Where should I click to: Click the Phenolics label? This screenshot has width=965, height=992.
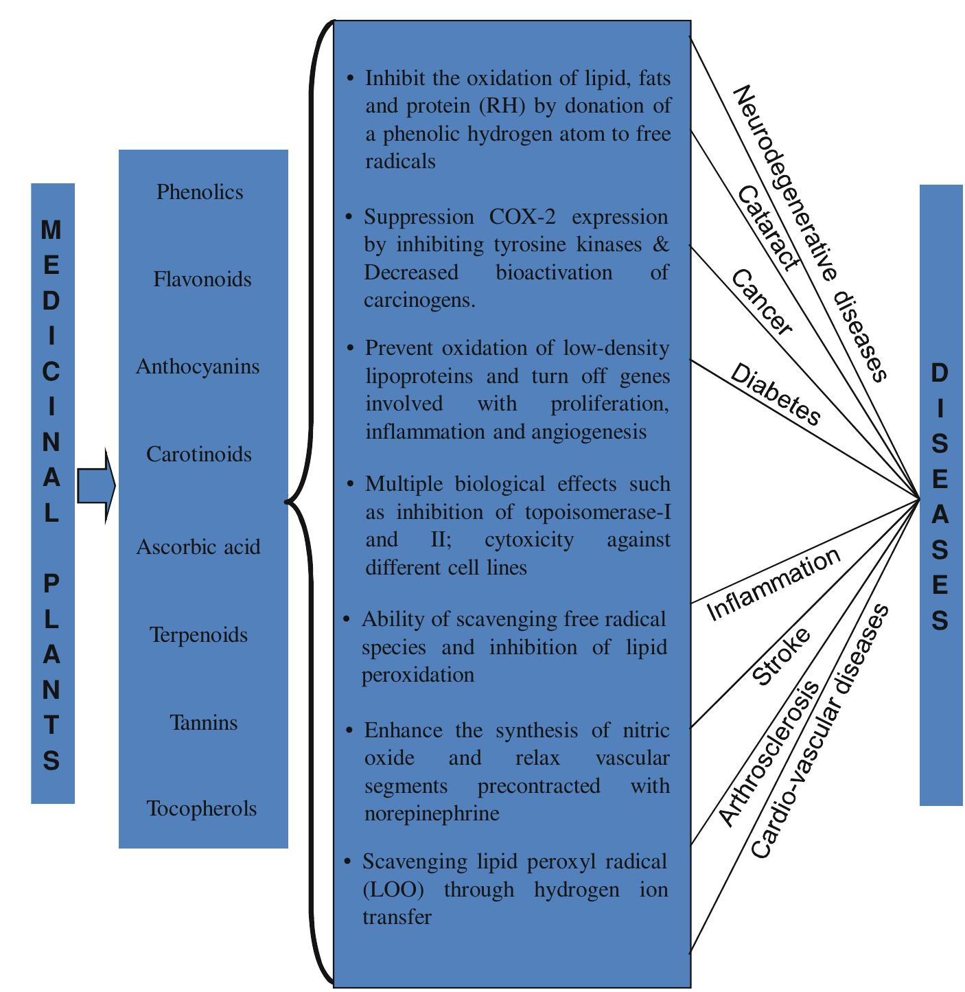[x=200, y=192]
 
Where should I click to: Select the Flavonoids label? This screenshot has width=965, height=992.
[x=202, y=279]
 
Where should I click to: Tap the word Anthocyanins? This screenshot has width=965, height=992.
[x=198, y=367]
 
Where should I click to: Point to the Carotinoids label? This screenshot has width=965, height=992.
[x=199, y=454]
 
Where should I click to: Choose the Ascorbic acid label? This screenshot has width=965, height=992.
[x=198, y=547]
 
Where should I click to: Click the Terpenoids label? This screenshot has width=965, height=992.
[x=199, y=635]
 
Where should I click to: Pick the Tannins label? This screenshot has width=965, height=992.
[x=204, y=723]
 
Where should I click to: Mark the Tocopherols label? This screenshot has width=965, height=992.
[x=202, y=809]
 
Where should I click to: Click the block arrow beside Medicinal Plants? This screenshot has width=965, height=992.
[x=95, y=486]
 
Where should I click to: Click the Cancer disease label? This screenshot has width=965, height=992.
[x=761, y=302]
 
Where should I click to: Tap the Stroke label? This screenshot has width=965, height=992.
[x=781, y=656]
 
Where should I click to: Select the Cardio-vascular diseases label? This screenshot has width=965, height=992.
[x=819, y=731]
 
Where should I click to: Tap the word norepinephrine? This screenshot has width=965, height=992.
[x=432, y=814]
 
